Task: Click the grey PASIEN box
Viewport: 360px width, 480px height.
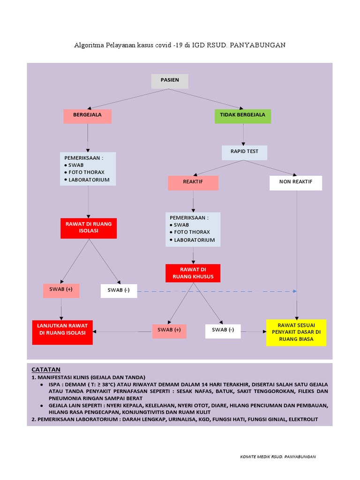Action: (169, 81)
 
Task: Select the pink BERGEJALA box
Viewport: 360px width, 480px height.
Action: (87, 116)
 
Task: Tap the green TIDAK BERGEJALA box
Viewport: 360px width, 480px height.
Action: (242, 116)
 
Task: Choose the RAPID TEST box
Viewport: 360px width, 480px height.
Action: (244, 152)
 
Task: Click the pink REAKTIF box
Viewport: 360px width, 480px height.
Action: (193, 183)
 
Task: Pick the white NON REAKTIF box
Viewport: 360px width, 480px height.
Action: (296, 183)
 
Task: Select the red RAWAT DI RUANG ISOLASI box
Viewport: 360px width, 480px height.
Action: (89, 228)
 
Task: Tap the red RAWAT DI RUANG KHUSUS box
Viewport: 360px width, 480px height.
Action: (193, 273)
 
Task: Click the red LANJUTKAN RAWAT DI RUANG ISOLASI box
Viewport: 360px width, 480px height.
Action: (62, 332)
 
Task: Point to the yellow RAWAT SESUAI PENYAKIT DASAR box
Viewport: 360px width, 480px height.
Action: (296, 332)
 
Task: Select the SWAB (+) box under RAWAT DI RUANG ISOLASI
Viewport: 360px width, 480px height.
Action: (61, 290)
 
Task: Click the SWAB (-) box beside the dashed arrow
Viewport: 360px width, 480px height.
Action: (119, 291)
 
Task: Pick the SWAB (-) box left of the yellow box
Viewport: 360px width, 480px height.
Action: (223, 330)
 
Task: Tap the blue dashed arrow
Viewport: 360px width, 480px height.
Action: (216, 291)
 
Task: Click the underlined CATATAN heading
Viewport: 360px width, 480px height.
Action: (46, 369)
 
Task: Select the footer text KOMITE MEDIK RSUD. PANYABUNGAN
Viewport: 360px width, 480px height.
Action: (277, 457)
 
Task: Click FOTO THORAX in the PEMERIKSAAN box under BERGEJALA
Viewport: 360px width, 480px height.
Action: (87, 172)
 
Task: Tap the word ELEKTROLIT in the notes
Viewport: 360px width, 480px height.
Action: (301, 419)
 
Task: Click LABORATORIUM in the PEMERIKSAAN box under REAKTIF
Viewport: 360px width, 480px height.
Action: (194, 240)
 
